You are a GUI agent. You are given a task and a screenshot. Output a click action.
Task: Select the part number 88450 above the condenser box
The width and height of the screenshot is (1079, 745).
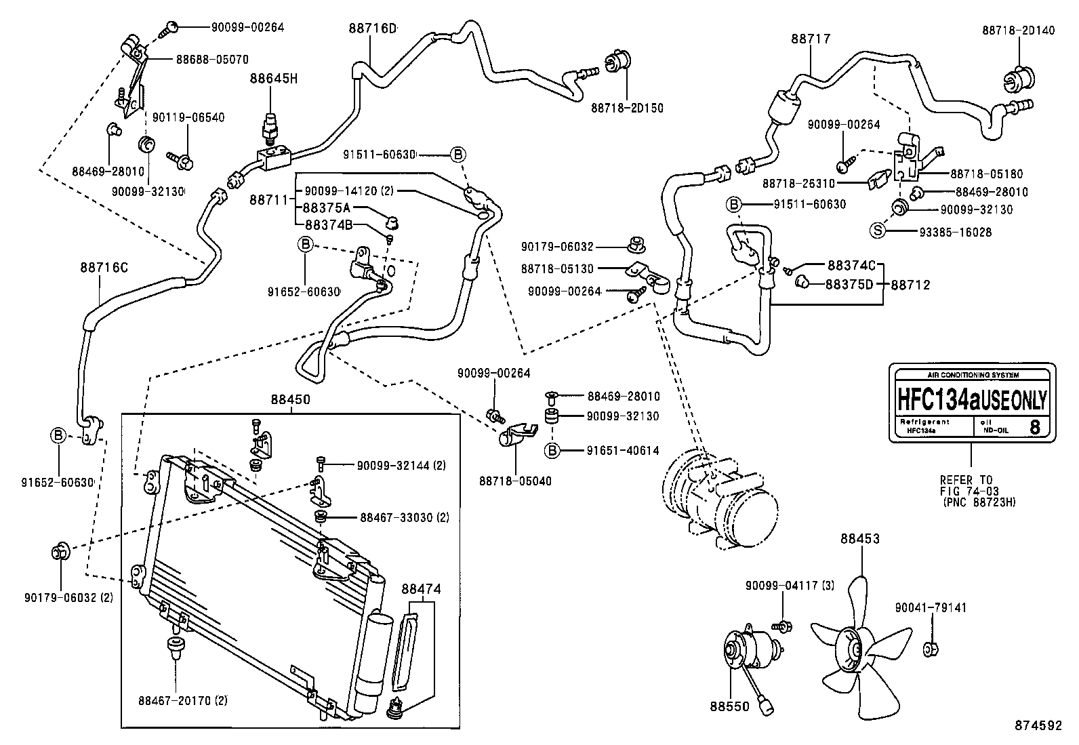pos(290,401)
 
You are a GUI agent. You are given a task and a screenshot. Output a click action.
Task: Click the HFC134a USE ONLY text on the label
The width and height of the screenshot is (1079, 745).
pos(972,399)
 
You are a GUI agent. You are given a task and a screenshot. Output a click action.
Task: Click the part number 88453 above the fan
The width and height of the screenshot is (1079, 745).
pos(860,539)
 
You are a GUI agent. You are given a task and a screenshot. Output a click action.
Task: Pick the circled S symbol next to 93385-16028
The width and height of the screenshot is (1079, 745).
pos(878,231)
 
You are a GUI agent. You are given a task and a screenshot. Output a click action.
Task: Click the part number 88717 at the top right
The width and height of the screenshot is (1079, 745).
pos(810,39)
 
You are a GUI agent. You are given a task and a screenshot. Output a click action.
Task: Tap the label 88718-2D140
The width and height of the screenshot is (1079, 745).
pos(1018,31)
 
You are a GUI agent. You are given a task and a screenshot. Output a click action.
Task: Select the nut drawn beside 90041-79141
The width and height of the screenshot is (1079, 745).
pos(930,649)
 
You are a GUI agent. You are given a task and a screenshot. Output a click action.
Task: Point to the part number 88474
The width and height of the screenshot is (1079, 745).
pos(421,590)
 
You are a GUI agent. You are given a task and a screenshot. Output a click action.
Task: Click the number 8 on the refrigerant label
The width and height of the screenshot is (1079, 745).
pos(1034,427)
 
